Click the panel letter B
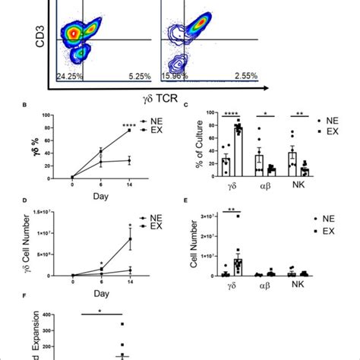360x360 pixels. pyautogui.click(x=49, y=107)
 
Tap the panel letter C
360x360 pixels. pyautogui.click(x=194, y=107)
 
